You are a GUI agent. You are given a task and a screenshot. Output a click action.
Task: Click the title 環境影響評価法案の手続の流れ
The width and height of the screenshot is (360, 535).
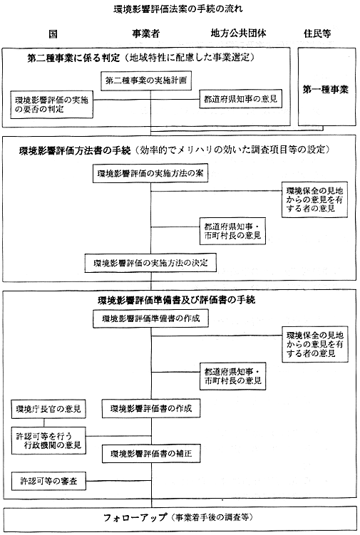point(178,9)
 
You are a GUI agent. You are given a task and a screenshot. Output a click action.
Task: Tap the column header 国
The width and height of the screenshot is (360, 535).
point(53,33)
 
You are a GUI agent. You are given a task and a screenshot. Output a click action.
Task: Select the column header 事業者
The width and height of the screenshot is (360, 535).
point(146,33)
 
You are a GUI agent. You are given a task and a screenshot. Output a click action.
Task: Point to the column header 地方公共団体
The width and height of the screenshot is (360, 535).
point(238,33)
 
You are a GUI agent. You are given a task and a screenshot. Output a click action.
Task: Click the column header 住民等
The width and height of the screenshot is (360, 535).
point(318,33)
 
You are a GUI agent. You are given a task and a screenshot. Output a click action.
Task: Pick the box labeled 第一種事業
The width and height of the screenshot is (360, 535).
point(326,87)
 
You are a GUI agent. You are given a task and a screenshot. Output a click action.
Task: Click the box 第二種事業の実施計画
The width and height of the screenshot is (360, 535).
point(146,81)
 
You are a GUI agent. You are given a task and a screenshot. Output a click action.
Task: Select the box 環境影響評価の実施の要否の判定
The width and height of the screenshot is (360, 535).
point(51,105)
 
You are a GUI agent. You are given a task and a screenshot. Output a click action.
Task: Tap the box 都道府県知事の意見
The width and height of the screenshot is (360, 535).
point(241,99)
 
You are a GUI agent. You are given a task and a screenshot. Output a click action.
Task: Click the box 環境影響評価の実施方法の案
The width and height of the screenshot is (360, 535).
point(150,173)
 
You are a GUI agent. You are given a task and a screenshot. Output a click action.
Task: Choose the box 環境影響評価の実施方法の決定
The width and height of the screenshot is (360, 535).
point(150,263)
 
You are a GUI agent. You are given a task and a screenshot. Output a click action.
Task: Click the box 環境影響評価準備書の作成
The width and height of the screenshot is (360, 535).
point(150,318)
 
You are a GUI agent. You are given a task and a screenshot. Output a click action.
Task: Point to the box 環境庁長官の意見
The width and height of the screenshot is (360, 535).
point(48,409)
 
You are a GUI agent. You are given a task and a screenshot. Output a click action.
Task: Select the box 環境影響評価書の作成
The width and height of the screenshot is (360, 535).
point(151,408)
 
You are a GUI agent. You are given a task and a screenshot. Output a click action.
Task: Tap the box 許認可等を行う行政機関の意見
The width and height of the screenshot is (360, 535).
point(48,440)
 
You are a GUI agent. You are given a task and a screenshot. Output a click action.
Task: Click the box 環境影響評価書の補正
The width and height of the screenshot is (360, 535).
point(151,454)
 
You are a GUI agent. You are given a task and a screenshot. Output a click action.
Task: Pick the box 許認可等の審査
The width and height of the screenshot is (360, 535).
point(48,481)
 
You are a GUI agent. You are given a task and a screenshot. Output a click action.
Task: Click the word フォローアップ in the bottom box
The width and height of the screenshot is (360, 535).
point(135,517)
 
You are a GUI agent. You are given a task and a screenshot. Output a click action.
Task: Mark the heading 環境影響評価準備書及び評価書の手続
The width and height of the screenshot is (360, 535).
point(176,300)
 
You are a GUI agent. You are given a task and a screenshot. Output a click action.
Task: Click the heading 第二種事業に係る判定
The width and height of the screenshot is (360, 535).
point(73,58)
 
